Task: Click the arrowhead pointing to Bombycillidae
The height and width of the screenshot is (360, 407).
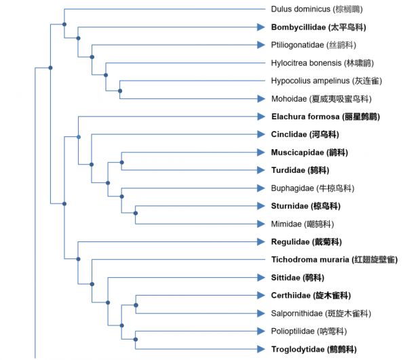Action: point(260,27)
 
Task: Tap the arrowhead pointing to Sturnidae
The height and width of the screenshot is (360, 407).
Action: point(260,206)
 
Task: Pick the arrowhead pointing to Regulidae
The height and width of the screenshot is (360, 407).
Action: point(260,241)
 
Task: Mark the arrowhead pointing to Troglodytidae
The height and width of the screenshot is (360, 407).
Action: point(260,349)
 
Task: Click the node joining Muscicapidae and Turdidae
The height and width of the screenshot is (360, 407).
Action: point(121,161)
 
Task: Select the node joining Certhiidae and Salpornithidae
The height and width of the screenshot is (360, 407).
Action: point(136,304)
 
